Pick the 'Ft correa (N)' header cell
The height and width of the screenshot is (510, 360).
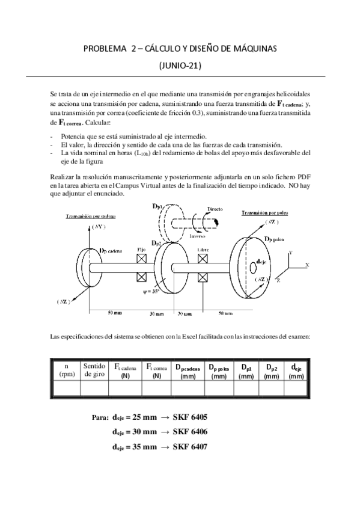157,370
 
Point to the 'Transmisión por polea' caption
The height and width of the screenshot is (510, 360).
266,213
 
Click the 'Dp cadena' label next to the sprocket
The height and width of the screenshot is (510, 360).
111,251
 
